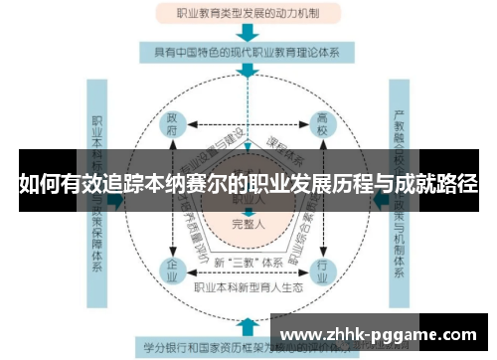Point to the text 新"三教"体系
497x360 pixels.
click(x=248, y=262)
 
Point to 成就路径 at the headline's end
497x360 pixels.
click(x=437, y=185)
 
